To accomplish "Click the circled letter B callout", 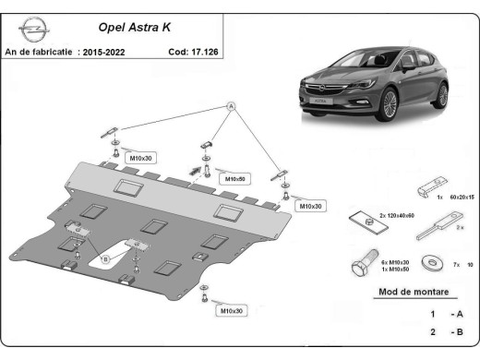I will point(104,260).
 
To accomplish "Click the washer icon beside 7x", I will point(427,263).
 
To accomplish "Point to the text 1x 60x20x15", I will point(451,197).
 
